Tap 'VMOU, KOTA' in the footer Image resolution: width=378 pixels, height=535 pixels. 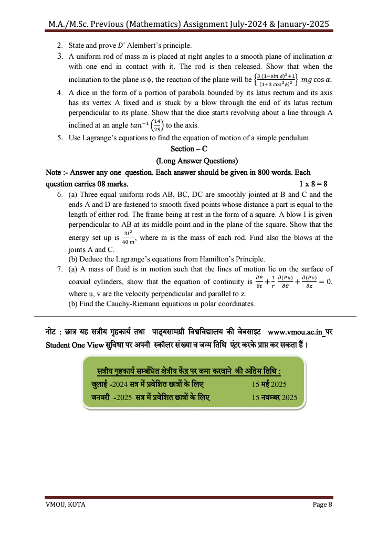pos(65,505)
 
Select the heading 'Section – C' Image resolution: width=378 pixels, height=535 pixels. pos(189,149)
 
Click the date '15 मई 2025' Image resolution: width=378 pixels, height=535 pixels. pos(269,385)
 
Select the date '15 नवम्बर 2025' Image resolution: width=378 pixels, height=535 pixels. pos(275,397)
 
